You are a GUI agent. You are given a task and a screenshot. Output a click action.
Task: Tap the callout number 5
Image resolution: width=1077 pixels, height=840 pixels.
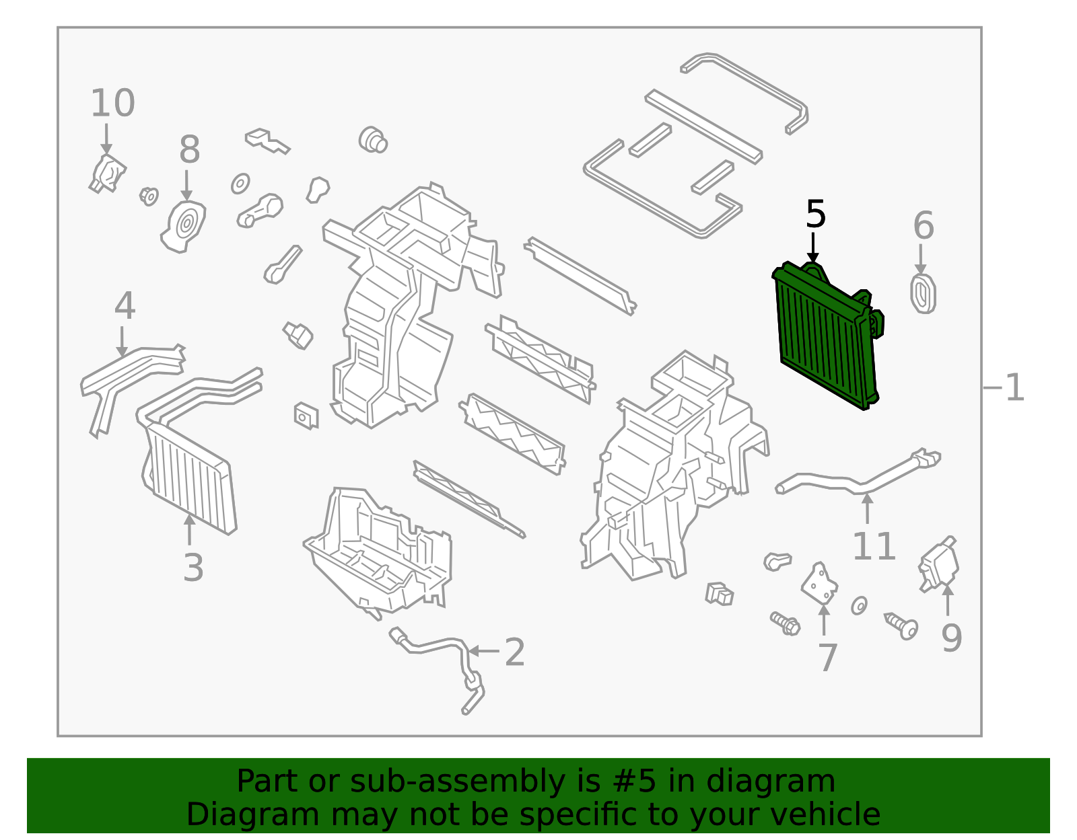pos(815,215)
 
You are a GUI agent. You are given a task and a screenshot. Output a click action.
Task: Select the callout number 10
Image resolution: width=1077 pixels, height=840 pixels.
pos(112,104)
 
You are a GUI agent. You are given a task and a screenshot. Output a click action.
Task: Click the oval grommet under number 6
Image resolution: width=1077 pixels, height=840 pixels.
pos(923,294)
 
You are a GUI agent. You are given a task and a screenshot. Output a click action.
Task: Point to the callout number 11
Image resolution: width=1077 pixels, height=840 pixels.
pos(874,546)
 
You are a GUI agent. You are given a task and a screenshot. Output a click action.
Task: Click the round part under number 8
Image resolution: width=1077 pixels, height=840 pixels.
pos(184,225)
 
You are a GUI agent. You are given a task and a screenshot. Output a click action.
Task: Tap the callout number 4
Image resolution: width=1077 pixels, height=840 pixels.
pos(125,307)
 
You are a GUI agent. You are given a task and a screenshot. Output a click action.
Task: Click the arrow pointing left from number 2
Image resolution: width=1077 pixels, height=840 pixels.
pos(483,651)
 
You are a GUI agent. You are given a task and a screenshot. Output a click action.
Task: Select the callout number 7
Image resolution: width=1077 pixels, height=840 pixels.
pos(827,657)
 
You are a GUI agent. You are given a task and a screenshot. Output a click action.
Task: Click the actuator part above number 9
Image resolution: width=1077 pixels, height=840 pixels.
pos(939,565)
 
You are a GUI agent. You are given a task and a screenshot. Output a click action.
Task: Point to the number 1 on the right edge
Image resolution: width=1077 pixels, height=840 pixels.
pos(1014,388)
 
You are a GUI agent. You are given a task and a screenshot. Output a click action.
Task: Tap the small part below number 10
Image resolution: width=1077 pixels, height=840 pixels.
pos(107,174)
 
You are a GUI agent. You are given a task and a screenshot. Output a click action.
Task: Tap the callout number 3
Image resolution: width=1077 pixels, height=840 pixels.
pos(193,568)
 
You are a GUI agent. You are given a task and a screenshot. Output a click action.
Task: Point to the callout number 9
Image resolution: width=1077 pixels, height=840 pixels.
pos(951,638)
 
